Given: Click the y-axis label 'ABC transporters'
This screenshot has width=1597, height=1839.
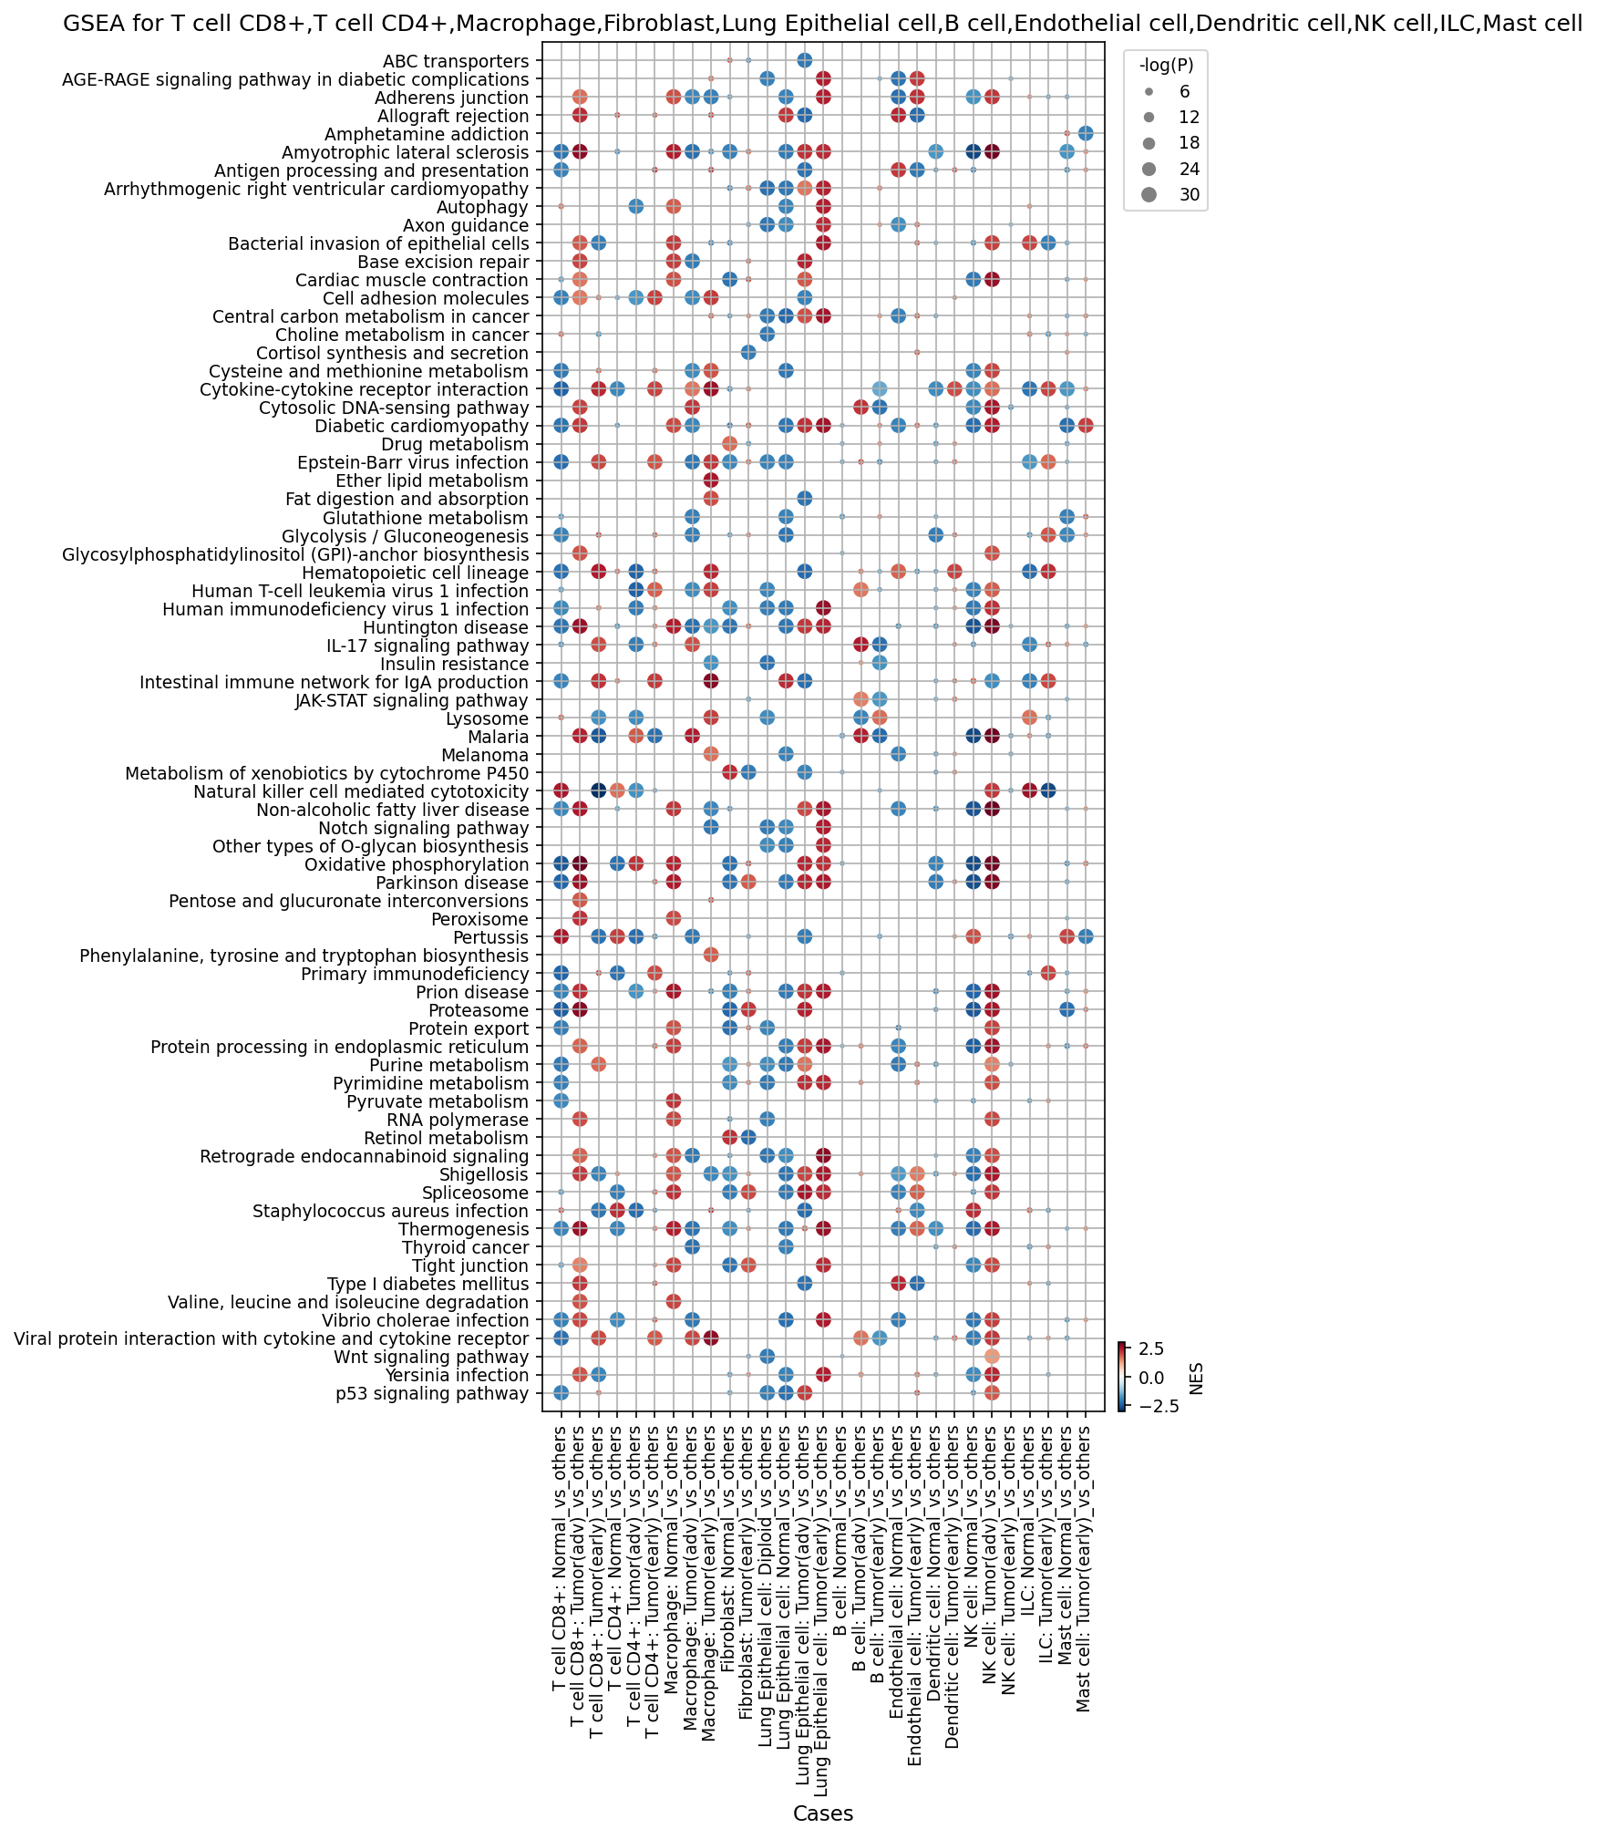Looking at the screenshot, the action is pos(455,61).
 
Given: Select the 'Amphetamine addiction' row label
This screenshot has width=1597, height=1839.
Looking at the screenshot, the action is pos(427,134).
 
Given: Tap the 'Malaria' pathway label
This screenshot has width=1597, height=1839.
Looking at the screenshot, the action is pos(498,737).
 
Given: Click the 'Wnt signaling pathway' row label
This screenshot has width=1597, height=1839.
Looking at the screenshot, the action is pos(435,1357).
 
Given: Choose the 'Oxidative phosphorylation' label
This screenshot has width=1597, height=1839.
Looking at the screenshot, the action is pos(417,864).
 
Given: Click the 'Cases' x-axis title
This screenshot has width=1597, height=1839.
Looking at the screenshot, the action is pos(823,1813).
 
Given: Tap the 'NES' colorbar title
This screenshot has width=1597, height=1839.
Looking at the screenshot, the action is pos(1196,1378).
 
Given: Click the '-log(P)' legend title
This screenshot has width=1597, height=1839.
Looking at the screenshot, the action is pos(1166,65).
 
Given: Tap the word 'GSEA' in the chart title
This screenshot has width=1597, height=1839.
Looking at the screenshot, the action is pos(89,24).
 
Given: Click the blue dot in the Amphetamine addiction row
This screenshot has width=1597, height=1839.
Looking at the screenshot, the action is pos(1086,134).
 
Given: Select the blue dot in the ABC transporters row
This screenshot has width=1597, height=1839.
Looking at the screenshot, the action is pos(804,60).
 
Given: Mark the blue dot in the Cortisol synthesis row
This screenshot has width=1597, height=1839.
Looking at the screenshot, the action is pos(748,353).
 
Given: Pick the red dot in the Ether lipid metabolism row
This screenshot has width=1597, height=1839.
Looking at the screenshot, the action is pos(711,480).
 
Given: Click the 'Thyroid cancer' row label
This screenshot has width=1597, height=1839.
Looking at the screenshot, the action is pos(465,1247).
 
